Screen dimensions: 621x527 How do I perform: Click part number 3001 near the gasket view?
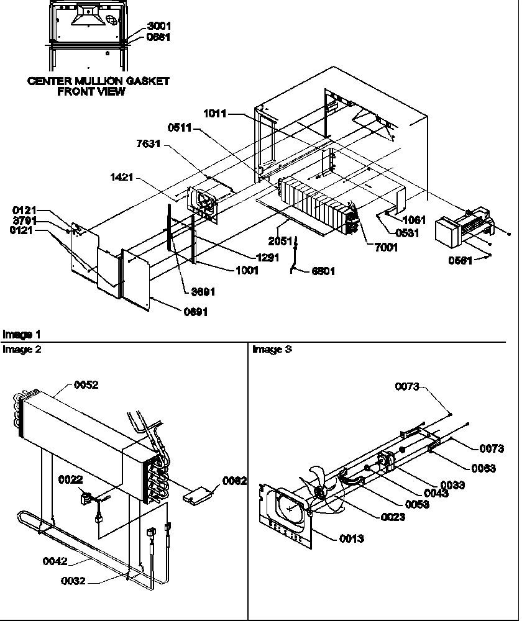click(158, 26)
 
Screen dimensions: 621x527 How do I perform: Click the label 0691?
click(195, 312)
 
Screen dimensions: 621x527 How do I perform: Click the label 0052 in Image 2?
click(86, 385)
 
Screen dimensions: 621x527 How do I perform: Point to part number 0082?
click(235, 481)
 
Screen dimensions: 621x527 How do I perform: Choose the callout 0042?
click(55, 561)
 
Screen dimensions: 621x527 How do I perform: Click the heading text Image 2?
click(22, 350)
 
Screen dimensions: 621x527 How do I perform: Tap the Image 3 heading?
click(272, 350)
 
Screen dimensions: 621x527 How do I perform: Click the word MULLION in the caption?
click(98, 81)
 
